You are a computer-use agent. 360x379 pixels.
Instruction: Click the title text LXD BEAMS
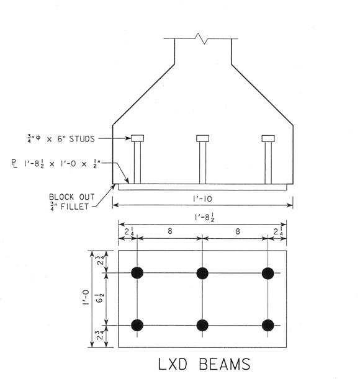point(204,364)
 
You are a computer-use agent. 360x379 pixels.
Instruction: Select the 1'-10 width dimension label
point(202,199)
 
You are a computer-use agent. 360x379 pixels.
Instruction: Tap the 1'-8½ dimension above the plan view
point(204,217)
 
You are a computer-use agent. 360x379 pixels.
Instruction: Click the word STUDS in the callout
point(82,139)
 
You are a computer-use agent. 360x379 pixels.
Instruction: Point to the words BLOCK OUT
point(72,197)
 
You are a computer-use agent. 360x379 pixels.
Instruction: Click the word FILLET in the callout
point(74,207)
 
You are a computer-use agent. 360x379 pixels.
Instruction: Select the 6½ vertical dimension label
point(101,298)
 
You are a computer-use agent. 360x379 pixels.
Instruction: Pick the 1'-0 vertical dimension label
point(86,298)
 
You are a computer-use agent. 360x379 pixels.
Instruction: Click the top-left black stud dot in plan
point(137,273)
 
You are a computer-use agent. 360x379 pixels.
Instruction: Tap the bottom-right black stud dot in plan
point(268,325)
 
